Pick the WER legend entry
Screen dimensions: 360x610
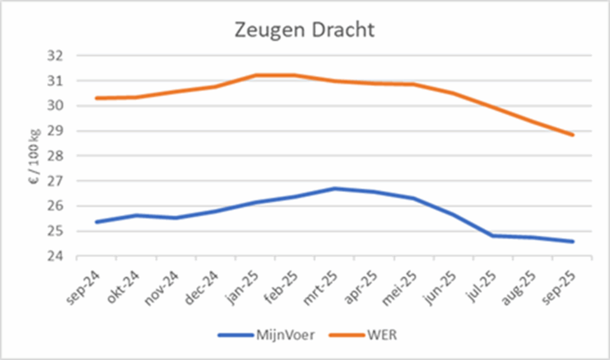381,335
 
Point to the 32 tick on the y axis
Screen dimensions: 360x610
56,56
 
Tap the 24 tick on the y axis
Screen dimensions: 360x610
56,257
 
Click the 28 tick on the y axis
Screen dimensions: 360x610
56,156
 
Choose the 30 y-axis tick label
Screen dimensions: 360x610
56,106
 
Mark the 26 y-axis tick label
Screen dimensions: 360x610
56,206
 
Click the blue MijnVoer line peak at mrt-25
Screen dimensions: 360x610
335,189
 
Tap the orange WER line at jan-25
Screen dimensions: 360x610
255,75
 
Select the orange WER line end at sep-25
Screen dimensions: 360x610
573,135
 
